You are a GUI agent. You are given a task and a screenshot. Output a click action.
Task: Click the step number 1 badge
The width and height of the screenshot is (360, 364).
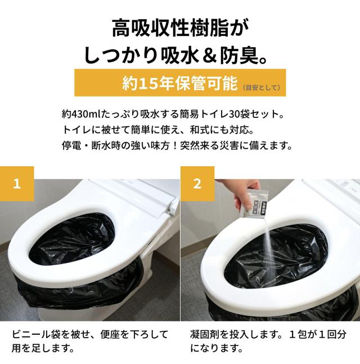click(x=17, y=184)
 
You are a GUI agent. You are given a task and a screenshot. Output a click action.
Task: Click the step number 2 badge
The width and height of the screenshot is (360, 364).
click(x=197, y=184)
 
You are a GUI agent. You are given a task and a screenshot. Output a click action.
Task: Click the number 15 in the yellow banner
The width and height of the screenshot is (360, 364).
click(x=147, y=83)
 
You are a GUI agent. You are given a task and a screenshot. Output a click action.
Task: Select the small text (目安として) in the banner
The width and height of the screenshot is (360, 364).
click(x=261, y=87)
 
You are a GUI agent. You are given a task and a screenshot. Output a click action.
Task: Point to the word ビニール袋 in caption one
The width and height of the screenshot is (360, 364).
click(x=37, y=335)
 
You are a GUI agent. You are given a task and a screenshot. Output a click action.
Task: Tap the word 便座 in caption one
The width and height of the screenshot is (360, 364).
click(x=110, y=335)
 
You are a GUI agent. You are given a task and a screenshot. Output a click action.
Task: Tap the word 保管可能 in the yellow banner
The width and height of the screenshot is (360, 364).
click(x=206, y=83)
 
